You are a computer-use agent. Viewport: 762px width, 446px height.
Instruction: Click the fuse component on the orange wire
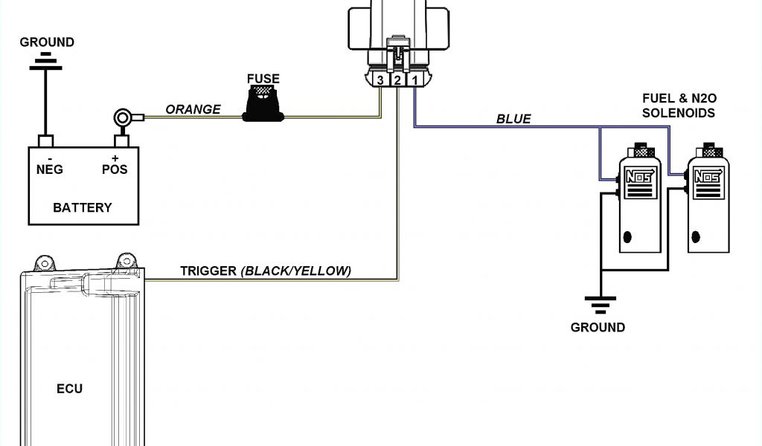[x=263, y=101]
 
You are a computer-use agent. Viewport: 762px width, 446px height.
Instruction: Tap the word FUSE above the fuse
[x=263, y=77]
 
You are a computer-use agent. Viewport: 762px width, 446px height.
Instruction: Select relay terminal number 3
[x=381, y=80]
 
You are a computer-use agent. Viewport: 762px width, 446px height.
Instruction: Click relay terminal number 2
[x=398, y=80]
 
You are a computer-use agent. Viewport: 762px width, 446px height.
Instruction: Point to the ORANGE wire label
[x=193, y=109]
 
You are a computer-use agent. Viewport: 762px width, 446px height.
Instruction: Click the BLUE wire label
[x=513, y=119]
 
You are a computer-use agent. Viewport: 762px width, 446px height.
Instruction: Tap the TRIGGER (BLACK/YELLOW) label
[x=266, y=271]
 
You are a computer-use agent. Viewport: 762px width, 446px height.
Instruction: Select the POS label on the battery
[x=115, y=169]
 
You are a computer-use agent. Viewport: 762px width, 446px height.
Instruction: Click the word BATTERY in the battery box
[x=82, y=207]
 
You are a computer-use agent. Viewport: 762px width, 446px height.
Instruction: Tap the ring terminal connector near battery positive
[x=122, y=117]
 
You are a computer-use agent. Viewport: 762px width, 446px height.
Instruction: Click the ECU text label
[x=69, y=389]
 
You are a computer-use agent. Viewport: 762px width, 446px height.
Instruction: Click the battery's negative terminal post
[x=46, y=140]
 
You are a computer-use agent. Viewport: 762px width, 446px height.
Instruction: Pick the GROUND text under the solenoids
[x=598, y=327]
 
